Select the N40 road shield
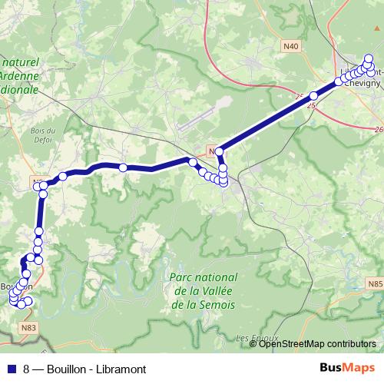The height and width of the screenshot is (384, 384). click(291, 47)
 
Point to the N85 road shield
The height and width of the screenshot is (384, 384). click(375, 283)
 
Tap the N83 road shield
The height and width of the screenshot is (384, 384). click(29, 327)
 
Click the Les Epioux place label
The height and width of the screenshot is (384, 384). click(251, 338)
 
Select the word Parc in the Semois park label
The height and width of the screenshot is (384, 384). click(180, 277)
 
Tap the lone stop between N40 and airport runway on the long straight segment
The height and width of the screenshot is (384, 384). click(313, 96)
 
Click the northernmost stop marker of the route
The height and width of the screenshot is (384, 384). click(368, 58)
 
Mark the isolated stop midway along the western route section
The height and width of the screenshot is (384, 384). click(122, 167)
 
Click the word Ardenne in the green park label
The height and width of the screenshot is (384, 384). click(22, 76)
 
